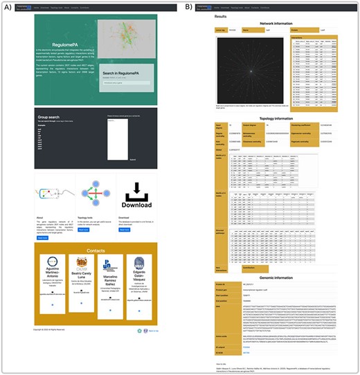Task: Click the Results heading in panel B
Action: (221, 15)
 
